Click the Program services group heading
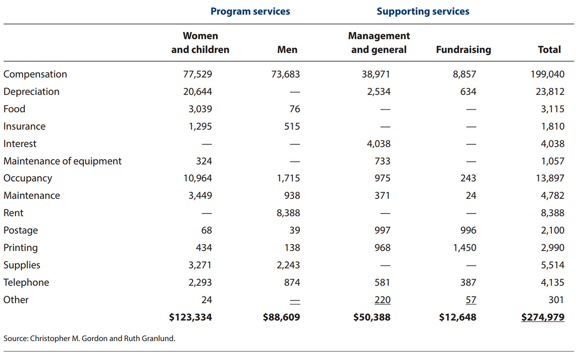pyautogui.click(x=250, y=11)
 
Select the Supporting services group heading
pyautogui.click(x=423, y=11)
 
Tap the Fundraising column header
pyautogui.click(x=463, y=49)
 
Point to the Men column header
pyautogui.click(x=287, y=49)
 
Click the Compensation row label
pyautogui.click(x=35, y=74)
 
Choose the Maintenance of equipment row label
pyautogui.click(x=62, y=161)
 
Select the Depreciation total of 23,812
pyautogui.click(x=550, y=92)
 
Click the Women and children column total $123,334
pyautogui.click(x=191, y=317)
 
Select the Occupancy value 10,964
pyautogui.click(x=198, y=178)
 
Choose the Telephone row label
pyautogui.click(x=26, y=282)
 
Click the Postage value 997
pyautogui.click(x=382, y=230)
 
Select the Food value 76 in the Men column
pyautogui.click(x=294, y=109)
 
